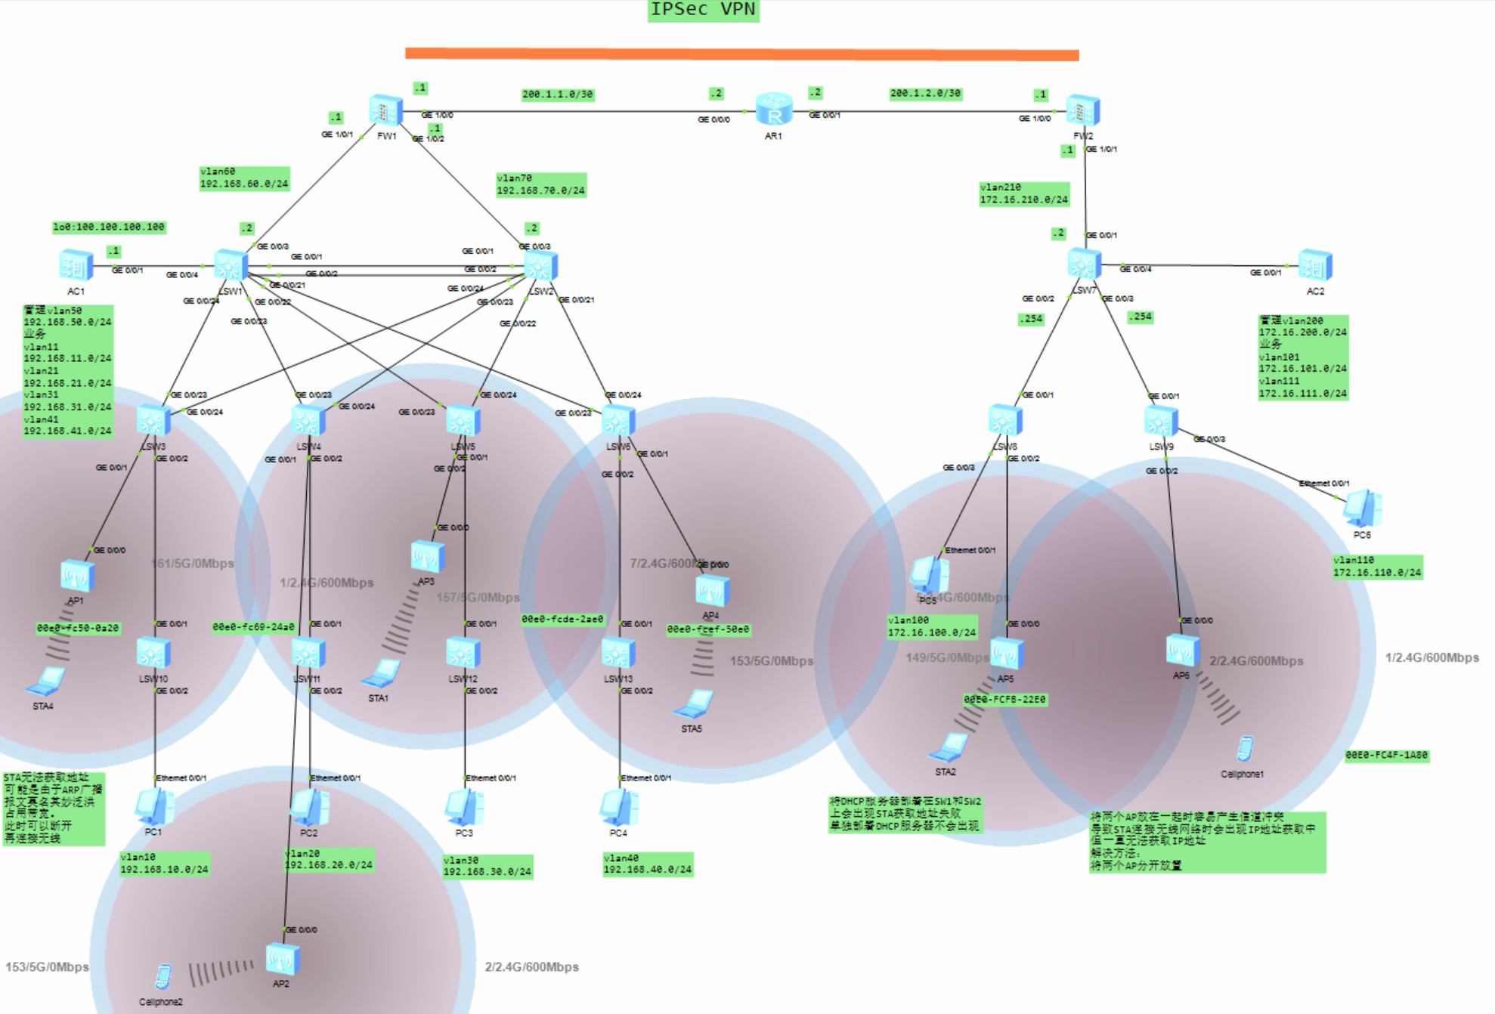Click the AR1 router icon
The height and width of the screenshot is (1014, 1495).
point(774,110)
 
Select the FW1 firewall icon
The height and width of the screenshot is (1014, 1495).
point(385,111)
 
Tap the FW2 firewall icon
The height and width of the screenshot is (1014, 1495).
point(1083,111)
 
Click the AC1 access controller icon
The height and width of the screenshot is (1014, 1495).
point(76,266)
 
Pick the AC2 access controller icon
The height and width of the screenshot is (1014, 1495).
point(1315,266)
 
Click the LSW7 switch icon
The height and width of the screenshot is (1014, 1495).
point(1084,264)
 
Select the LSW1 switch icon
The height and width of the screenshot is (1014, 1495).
point(231,265)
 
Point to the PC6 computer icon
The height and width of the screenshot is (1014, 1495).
point(1362,509)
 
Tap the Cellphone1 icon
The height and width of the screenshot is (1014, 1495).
point(1244,750)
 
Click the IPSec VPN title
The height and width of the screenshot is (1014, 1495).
point(703,10)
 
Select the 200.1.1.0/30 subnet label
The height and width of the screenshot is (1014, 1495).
point(558,94)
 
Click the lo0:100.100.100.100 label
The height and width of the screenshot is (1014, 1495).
point(109,227)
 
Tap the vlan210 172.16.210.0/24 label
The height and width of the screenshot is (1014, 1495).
point(1024,193)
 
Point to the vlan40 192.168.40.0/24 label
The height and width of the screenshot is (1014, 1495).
point(648,864)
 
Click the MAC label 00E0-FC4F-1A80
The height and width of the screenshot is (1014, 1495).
point(1387,755)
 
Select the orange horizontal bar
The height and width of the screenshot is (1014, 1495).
point(741,54)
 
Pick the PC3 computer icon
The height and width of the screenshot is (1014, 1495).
point(464,807)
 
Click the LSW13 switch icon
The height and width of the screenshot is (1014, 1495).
point(618,653)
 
